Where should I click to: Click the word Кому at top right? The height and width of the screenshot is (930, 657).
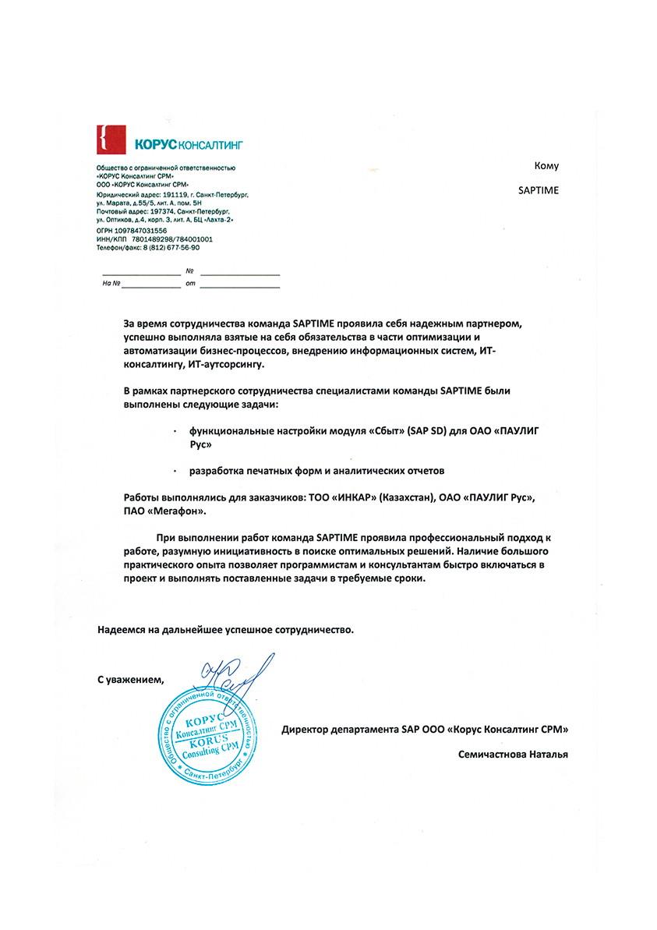click(x=546, y=165)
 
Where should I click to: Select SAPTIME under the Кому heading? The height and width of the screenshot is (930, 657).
click(x=538, y=189)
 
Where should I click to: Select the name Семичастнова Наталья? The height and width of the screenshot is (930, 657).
click(x=514, y=754)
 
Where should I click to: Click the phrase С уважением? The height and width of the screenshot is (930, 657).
click(x=131, y=679)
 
